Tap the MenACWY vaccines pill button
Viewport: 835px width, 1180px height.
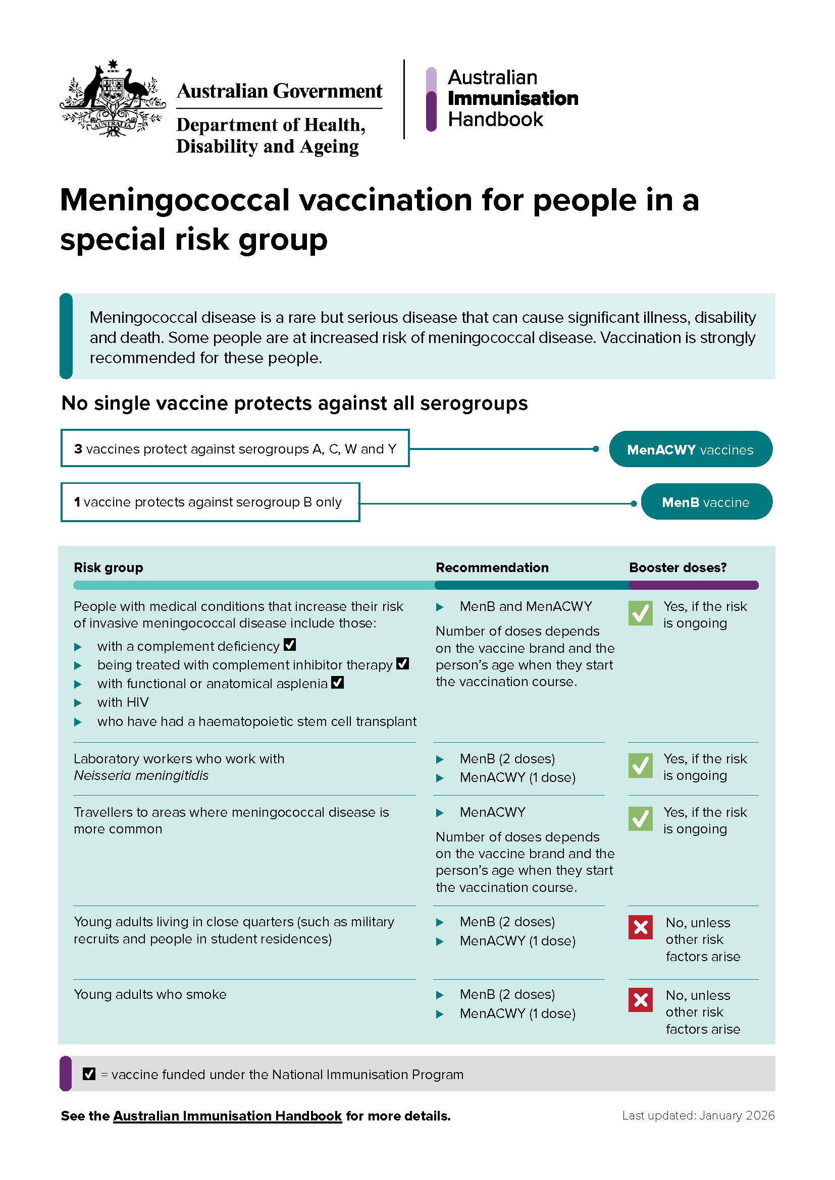(690, 449)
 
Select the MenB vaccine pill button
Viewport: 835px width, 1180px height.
(706, 501)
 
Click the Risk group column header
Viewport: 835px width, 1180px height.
(109, 568)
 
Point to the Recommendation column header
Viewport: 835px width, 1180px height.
(492, 568)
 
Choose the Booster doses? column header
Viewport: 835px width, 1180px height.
(677, 568)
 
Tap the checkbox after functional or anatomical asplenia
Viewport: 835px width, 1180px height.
(337, 683)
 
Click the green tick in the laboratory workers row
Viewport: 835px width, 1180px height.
(640, 766)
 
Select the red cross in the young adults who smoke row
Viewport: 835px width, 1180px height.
(640, 999)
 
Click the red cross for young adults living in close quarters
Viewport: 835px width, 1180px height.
(640, 927)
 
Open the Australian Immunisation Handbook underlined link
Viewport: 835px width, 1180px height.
(227, 1116)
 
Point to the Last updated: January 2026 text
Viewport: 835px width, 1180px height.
(698, 1115)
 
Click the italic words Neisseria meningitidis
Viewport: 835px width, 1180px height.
(141, 775)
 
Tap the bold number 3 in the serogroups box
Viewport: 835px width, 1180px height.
(78, 448)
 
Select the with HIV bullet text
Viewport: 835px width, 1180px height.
(123, 702)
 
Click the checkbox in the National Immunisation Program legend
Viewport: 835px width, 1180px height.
(89, 1074)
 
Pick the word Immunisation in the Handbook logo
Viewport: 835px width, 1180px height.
(512, 98)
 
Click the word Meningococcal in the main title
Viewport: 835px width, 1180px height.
(175, 200)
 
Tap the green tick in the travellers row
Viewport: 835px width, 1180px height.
(640, 819)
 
